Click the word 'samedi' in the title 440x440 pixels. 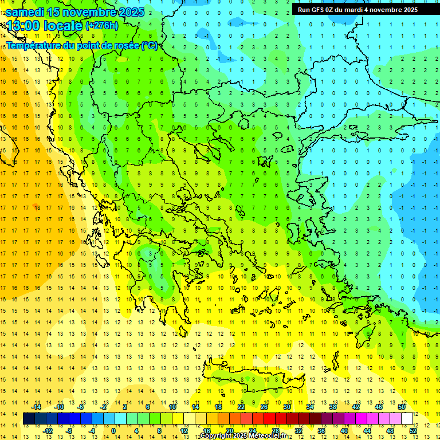[x=25, y=12]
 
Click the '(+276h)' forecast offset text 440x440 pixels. [x=102, y=26]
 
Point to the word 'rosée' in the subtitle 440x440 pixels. [x=122, y=45]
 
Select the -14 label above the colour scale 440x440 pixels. [x=36, y=407]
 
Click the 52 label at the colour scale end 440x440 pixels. [x=413, y=430]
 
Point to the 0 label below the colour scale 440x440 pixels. [x=113, y=430]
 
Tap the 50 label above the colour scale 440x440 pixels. [x=402, y=407]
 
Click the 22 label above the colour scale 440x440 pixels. [x=241, y=407]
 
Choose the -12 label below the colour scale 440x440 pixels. [x=48, y=430]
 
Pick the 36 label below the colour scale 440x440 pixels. [x=321, y=430]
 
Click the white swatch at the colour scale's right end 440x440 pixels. [x=407, y=419]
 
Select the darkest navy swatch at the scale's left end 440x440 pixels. [x=29, y=419]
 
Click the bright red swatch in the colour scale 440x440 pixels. [x=270, y=419]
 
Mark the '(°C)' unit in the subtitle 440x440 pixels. [x=150, y=45]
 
